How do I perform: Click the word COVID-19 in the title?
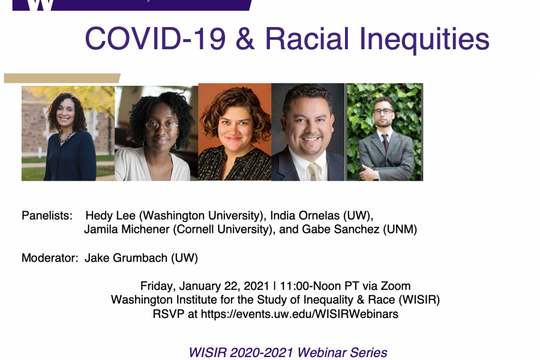point(155,38)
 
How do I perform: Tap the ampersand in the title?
point(245,38)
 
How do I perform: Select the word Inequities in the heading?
point(424,40)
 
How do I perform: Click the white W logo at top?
point(40,5)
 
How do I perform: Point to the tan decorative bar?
point(62,78)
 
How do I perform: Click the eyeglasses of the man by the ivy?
point(383,111)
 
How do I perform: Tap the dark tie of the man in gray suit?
point(385,142)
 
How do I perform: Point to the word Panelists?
point(47,215)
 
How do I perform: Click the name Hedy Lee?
point(110,215)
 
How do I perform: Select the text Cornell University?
point(223,229)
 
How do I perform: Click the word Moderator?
point(50,257)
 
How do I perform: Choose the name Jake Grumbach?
point(126,257)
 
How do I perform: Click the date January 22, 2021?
point(224,286)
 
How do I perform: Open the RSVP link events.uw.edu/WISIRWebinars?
point(299,314)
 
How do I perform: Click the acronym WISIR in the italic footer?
point(208,353)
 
